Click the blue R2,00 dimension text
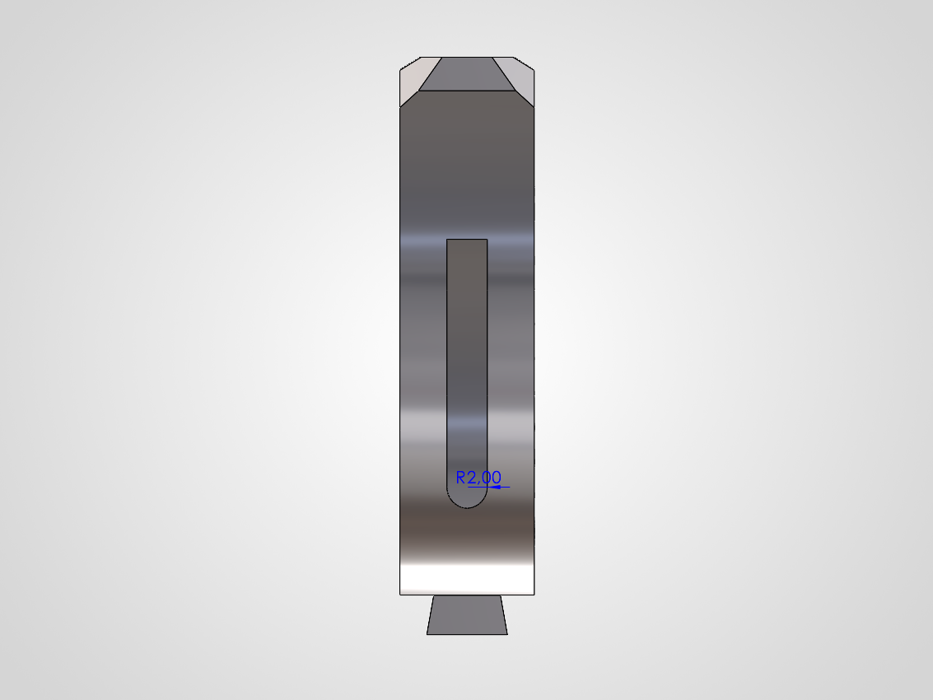tap(478, 477)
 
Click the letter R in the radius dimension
tap(461, 477)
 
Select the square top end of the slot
tap(467, 240)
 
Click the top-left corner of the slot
tap(446, 240)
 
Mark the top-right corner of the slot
tap(487, 240)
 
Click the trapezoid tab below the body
tap(467, 615)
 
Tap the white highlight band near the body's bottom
tap(467, 576)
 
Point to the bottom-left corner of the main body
tap(399, 595)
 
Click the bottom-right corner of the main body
tap(536, 595)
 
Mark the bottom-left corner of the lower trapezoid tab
tap(427, 634)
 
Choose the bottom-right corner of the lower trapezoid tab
tap(507, 634)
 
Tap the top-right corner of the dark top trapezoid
tap(492, 58)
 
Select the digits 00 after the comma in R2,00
tap(492, 477)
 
